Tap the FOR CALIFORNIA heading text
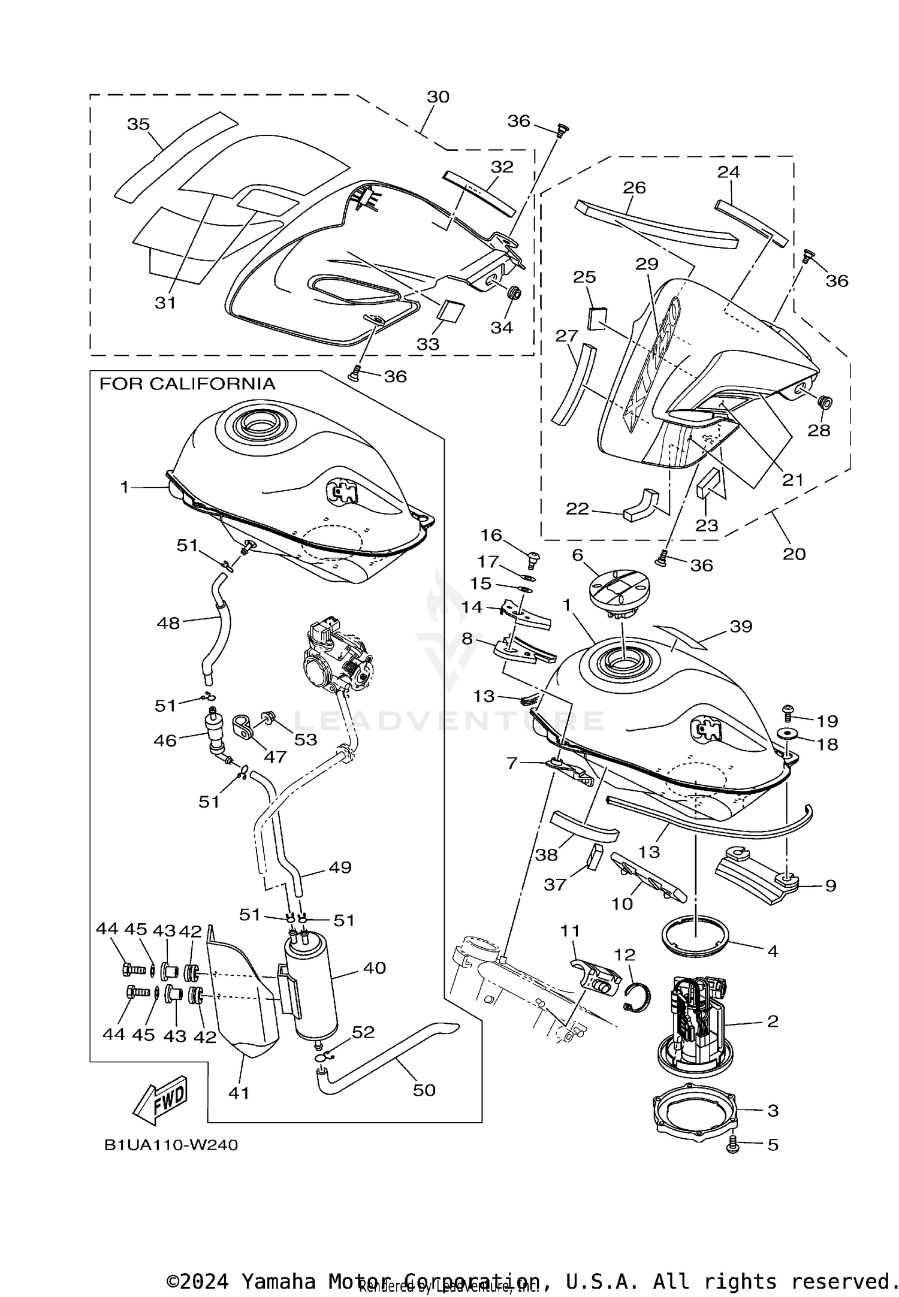pos(187,384)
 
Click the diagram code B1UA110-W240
pos(171,1145)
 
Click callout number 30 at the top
pos(438,97)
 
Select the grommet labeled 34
pos(513,294)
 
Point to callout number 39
pos(741,626)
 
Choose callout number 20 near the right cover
pos(794,554)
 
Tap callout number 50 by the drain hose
pos(424,1090)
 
